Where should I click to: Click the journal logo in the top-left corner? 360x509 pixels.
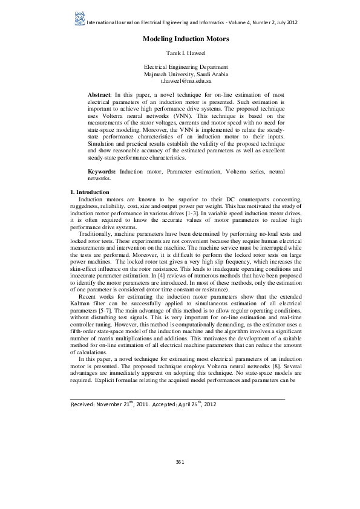click(x=79, y=19)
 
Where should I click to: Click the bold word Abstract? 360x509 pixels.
click(x=99, y=95)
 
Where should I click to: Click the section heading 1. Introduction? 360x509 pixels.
click(x=90, y=192)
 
